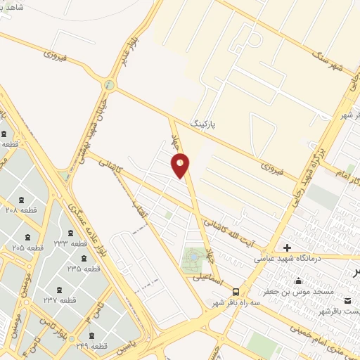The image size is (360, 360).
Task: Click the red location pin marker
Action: pos(181,166)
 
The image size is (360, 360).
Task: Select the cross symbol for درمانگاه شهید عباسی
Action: pos(287,247)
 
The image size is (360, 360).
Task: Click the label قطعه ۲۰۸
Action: pos(21,210)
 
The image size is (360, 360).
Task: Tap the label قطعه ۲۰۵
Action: pos(27,247)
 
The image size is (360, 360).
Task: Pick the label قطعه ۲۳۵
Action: pos(82,269)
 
